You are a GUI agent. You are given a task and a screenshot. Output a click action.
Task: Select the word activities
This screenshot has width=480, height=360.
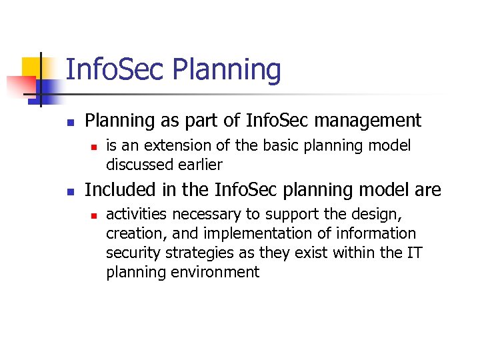pyautogui.click(x=133, y=215)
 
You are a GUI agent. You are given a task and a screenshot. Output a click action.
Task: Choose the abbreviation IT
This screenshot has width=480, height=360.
pyautogui.click(x=414, y=253)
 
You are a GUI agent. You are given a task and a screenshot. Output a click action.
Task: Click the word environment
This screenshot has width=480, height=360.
pyautogui.click(x=215, y=272)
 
